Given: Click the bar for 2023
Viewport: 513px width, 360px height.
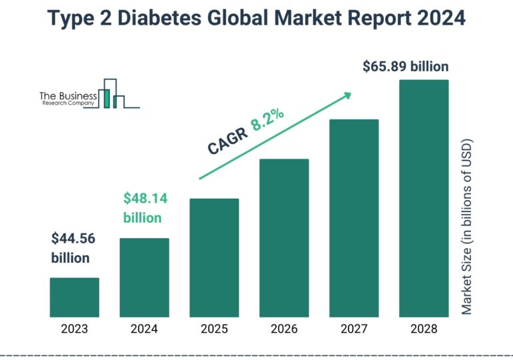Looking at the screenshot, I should coord(75,297).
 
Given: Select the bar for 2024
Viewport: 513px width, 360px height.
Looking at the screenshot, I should coord(144,277).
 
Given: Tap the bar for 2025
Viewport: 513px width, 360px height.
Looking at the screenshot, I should coord(214,257).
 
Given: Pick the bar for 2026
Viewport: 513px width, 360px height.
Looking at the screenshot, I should coord(284,237).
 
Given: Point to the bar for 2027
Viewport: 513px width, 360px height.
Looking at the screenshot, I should coord(354,218).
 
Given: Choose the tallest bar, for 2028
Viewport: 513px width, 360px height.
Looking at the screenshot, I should coord(424,198).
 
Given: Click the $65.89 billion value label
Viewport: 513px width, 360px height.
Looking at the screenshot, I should coord(405,67).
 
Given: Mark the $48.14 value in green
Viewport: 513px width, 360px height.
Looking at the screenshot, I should coord(145,198).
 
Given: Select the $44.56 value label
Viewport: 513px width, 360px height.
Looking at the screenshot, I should coord(74,239).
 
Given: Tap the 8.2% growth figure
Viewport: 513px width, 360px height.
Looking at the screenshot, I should coord(268,121).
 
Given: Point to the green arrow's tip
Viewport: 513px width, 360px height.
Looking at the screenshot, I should coord(349,94).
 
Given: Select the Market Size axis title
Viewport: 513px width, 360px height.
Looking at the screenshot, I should coord(466,227).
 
